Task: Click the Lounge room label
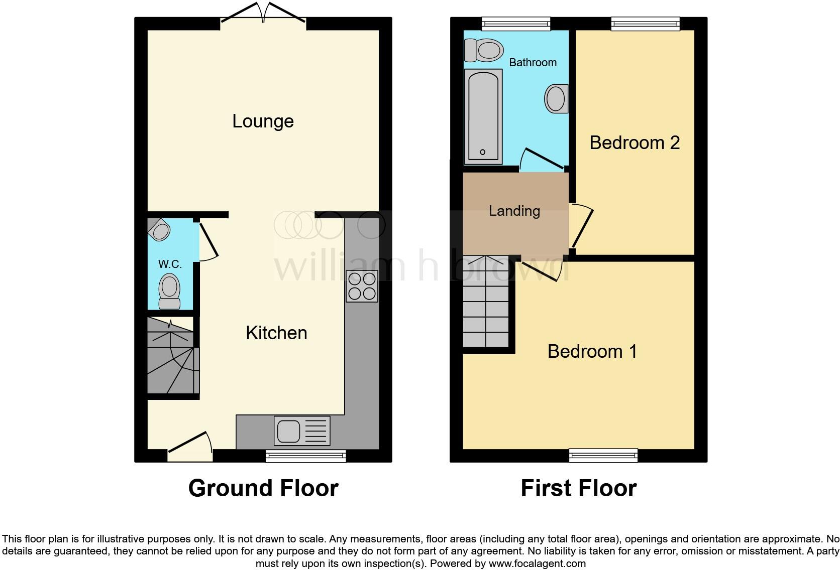click(263, 121)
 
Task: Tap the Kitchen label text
click(276, 333)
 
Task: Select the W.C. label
click(170, 264)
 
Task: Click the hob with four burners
click(362, 286)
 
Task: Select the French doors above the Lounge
click(263, 13)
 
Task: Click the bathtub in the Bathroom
click(483, 116)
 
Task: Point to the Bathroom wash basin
click(556, 98)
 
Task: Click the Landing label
click(514, 211)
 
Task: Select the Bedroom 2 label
click(635, 143)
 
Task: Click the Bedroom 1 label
click(592, 351)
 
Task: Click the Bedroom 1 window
click(603, 455)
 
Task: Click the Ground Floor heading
click(263, 488)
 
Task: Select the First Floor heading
click(578, 488)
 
